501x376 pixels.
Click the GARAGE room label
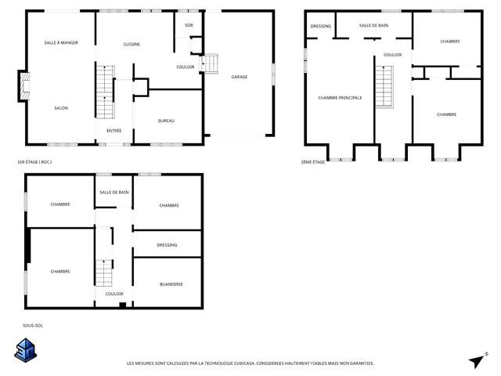[240, 77]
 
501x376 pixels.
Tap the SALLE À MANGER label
[61, 42]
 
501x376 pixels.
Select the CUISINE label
[132, 44]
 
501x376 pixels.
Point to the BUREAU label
[166, 121]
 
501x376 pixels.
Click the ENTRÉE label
[114, 131]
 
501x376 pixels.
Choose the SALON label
[61, 108]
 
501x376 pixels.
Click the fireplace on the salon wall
[24, 86]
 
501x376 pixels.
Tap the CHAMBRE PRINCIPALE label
[340, 97]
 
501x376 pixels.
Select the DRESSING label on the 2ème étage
[320, 26]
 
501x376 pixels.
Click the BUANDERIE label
[171, 284]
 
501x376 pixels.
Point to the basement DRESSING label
[167, 245]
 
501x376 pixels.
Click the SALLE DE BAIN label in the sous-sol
[114, 192]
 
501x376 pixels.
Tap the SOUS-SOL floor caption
[33, 326]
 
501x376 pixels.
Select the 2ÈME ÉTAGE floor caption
[313, 162]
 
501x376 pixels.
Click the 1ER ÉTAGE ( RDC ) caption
[34, 162]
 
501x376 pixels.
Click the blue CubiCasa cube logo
[26, 350]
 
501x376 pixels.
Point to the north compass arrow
[478, 360]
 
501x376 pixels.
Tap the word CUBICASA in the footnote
[245, 363]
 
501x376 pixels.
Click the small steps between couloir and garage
[210, 63]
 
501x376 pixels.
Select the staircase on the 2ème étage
[384, 87]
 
